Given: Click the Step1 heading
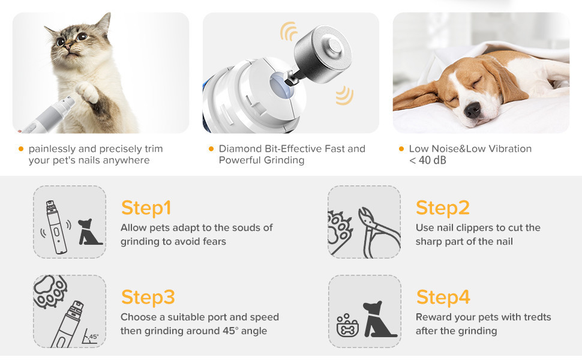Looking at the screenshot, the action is [x=146, y=208].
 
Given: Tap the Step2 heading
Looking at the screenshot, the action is [x=443, y=208].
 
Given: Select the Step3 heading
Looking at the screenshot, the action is [x=148, y=297].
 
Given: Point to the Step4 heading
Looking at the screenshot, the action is [x=443, y=297].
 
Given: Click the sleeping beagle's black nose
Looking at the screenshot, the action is [x=473, y=109].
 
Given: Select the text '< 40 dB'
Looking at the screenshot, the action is [x=428, y=160].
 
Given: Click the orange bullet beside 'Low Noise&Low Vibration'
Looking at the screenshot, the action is [x=401, y=149].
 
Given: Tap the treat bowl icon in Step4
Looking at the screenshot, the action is [x=347, y=325].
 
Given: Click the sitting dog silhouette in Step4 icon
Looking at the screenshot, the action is [x=379, y=319].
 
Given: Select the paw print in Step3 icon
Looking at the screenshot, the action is [x=50, y=292].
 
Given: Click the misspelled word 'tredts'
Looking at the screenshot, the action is [x=537, y=317].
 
